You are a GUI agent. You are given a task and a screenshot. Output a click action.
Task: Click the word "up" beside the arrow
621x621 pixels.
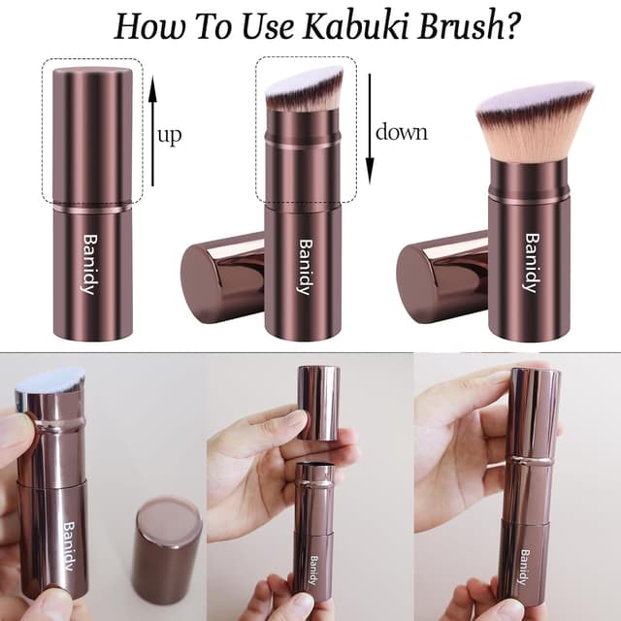click(169, 134)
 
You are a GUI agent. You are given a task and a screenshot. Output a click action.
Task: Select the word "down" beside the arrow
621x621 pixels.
click(402, 132)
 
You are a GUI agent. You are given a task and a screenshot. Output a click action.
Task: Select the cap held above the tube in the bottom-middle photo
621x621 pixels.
click(318, 403)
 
